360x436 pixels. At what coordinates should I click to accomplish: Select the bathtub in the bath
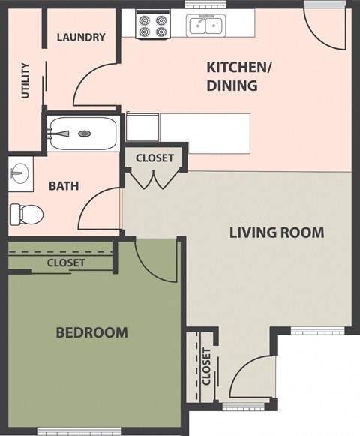click(82, 134)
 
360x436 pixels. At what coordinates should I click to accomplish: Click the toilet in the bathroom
click(24, 215)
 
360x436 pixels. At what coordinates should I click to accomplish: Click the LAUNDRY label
click(80, 37)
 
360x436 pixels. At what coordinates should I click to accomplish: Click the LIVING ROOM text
click(276, 233)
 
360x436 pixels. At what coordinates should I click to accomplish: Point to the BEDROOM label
click(91, 332)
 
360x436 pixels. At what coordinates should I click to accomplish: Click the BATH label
click(64, 186)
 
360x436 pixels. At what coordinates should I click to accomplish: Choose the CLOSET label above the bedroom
click(65, 263)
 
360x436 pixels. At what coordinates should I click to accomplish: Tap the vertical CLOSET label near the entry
click(206, 365)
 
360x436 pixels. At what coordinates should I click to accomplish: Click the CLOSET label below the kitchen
click(154, 158)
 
